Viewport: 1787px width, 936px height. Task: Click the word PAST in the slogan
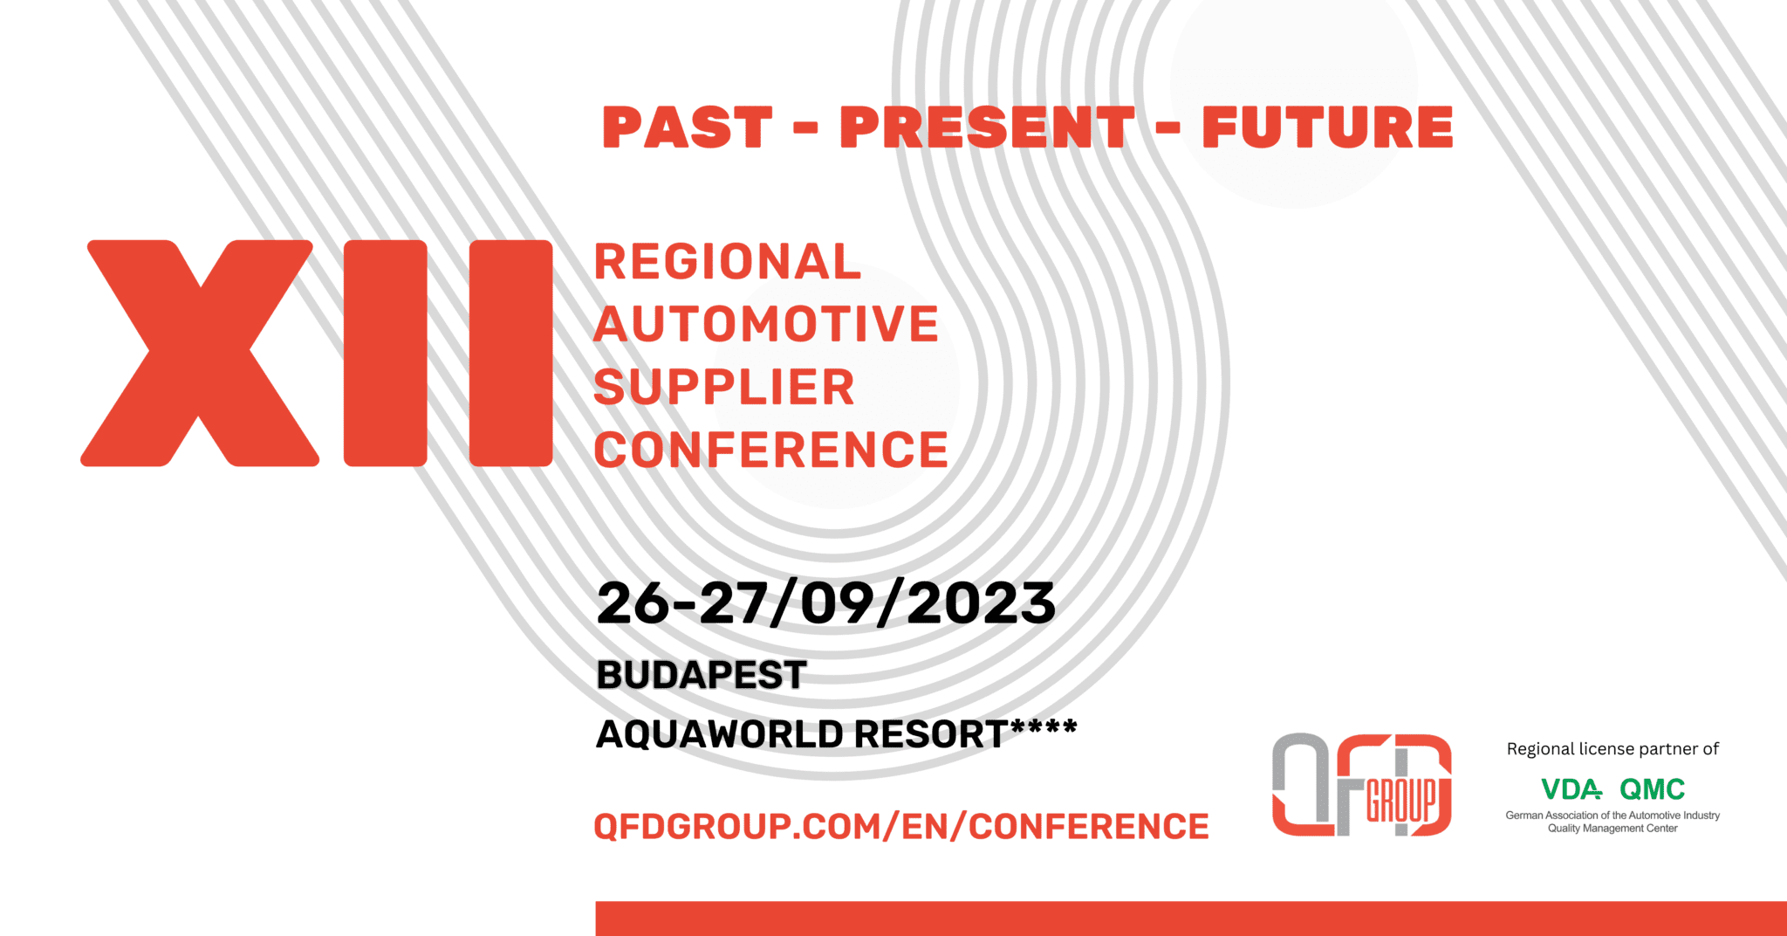688,127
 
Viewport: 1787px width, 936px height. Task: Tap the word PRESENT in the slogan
987,127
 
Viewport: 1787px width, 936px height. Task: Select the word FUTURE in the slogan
1327,127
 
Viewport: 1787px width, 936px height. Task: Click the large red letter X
200,353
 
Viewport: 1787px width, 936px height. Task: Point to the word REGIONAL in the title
728,262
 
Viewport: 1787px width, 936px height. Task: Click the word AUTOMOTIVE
766,324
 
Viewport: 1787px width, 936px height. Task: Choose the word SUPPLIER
724,388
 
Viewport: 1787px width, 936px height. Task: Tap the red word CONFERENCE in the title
771,451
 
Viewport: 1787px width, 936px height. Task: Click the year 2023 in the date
981,603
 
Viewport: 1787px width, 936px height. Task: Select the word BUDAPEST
702,675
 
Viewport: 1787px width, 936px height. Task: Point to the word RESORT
931,734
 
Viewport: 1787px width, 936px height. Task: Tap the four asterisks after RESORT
1044,727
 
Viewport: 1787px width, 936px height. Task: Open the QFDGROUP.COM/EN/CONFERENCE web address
901,826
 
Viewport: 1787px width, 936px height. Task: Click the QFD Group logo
1361,785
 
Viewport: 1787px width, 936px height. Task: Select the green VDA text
1571,789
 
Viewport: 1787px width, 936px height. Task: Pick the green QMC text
1652,789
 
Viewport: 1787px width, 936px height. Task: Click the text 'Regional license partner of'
1612,749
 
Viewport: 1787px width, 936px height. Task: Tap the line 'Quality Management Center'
1612,829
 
